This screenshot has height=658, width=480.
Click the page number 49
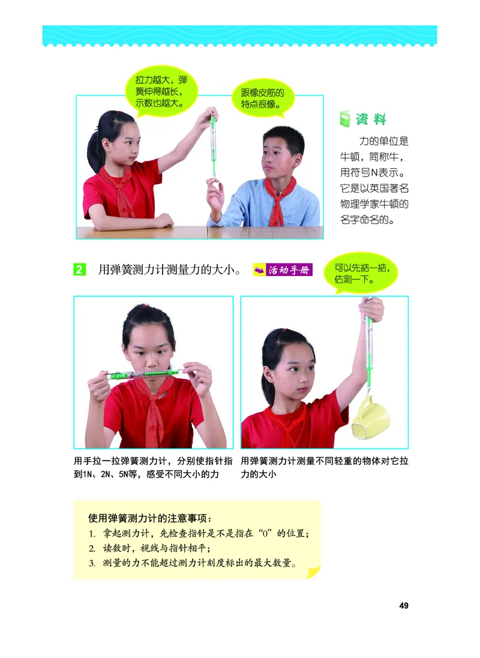pyautogui.click(x=403, y=606)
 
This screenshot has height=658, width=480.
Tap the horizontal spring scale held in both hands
pyautogui.click(x=143, y=374)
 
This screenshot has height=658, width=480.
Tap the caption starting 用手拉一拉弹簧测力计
pyautogui.click(x=153, y=468)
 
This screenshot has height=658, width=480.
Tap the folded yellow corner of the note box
pyautogui.click(x=313, y=572)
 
